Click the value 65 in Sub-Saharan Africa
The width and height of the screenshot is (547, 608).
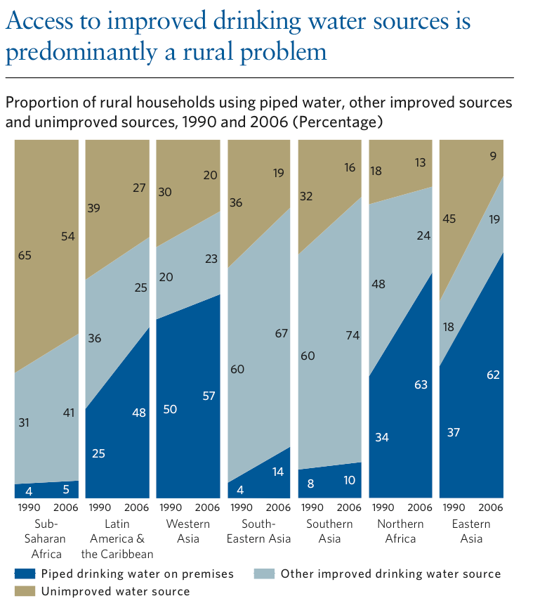click(25, 256)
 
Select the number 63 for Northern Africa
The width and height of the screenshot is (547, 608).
click(421, 384)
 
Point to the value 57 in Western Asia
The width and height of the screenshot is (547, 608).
click(208, 396)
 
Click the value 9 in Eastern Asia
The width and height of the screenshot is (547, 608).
click(494, 157)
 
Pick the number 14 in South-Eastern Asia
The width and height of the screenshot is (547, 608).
click(278, 472)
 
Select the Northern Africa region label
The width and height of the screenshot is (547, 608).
click(400, 531)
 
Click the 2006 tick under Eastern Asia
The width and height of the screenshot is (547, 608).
click(490, 507)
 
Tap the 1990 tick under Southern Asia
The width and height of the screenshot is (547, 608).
click(311, 507)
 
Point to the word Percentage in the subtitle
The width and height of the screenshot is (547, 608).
click(336, 122)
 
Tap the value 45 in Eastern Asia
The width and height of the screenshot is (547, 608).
click(449, 219)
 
